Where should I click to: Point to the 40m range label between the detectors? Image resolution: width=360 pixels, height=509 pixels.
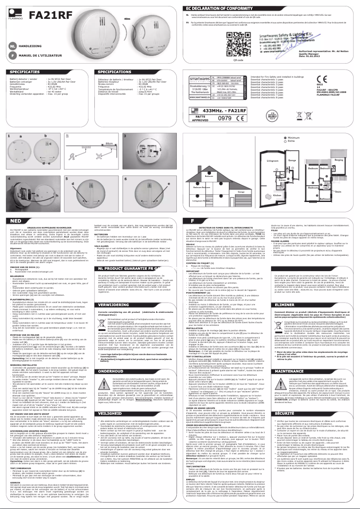tap(127, 19)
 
